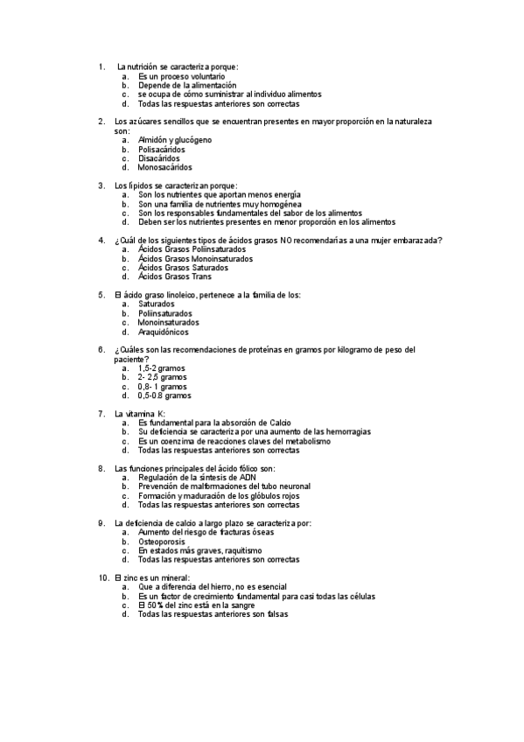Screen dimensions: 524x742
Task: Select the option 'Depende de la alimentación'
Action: [187, 85]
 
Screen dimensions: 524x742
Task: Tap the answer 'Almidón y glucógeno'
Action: [174, 140]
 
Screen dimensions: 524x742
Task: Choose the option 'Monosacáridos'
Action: [165, 167]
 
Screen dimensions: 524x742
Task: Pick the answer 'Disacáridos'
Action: [159, 158]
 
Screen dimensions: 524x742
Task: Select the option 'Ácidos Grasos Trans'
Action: [175, 276]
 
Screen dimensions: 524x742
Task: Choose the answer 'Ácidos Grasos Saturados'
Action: [183, 268]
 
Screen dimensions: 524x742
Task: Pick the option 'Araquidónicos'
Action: [163, 332]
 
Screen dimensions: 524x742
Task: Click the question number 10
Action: [104, 578]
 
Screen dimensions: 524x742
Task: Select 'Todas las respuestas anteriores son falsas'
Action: [213, 614]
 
